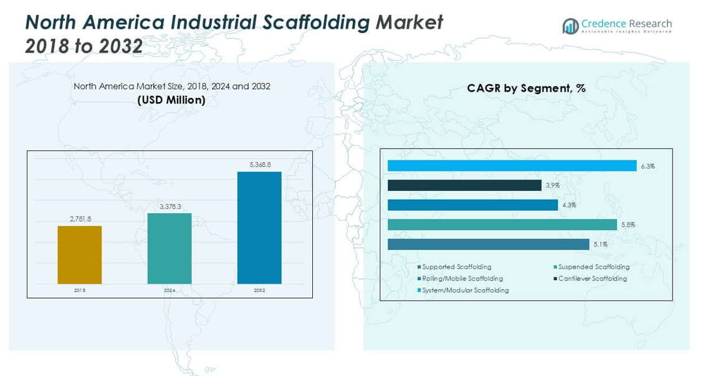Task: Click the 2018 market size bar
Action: (80, 254)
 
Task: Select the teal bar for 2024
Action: (170, 248)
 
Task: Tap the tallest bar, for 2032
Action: (259, 228)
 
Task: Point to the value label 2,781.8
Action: (80, 219)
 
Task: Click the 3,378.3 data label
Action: (170, 206)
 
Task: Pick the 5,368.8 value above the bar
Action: (259, 165)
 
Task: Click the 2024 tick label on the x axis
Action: (170, 291)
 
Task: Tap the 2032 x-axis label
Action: (259, 291)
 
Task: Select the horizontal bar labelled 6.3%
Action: (512, 166)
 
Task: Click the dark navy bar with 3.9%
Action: (464, 185)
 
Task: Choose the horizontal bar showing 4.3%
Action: (472, 205)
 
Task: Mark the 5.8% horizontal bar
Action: (502, 224)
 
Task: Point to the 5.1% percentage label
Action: (600, 244)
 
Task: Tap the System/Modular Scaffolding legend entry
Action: (465, 291)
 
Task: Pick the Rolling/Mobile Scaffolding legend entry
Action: (462, 279)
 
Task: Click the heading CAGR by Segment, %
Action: (526, 89)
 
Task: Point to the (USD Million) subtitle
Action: (171, 100)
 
